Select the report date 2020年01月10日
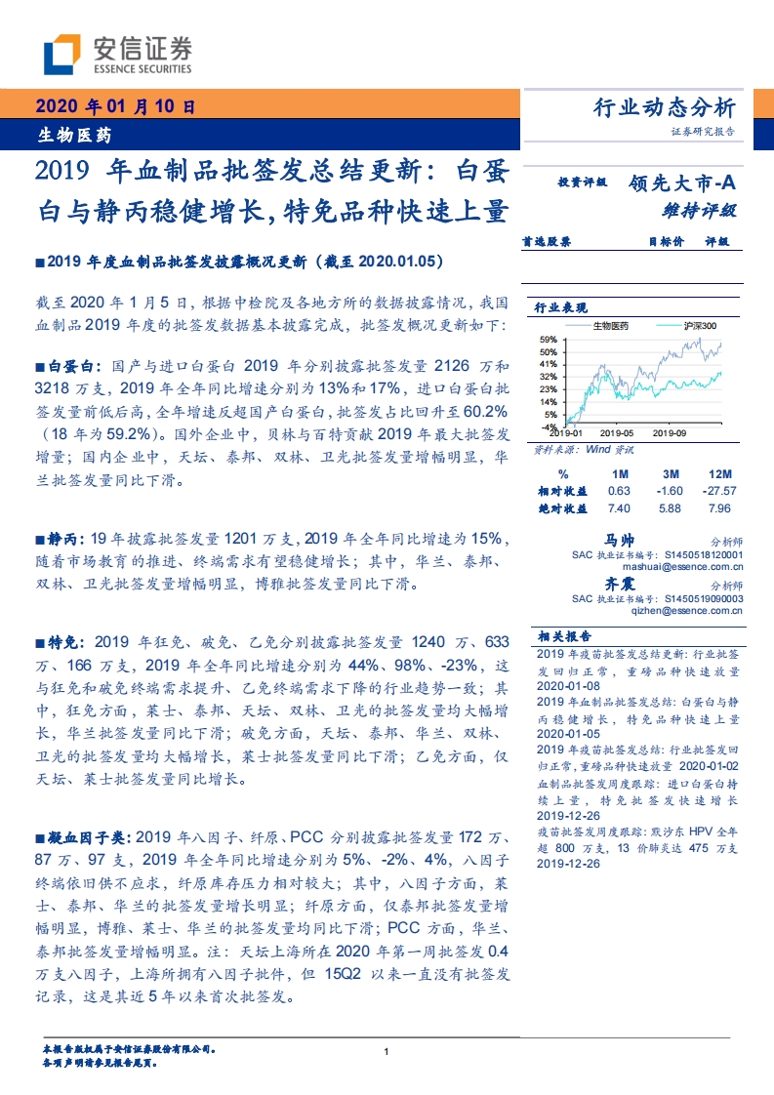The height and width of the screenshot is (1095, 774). coord(115,107)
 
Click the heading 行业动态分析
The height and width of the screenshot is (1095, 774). coord(664,108)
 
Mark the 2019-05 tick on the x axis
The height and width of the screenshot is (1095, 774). coord(616,430)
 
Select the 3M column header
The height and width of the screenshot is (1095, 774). coord(669,474)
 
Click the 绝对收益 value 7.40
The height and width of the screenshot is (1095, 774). coord(618,507)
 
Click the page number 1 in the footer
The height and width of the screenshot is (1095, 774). coord(387,1051)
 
